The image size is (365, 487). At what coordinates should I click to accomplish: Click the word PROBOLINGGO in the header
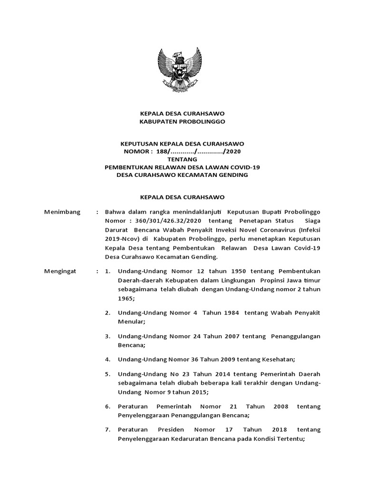pyautogui.click(x=198, y=121)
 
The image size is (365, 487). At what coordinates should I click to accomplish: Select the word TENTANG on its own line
pyautogui.click(x=182, y=159)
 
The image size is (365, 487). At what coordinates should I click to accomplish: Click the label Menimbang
pyautogui.click(x=62, y=211)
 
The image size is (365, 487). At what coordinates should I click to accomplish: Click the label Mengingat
pyautogui.click(x=62, y=272)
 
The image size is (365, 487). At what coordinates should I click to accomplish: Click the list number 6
pyautogui.click(x=107, y=407)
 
